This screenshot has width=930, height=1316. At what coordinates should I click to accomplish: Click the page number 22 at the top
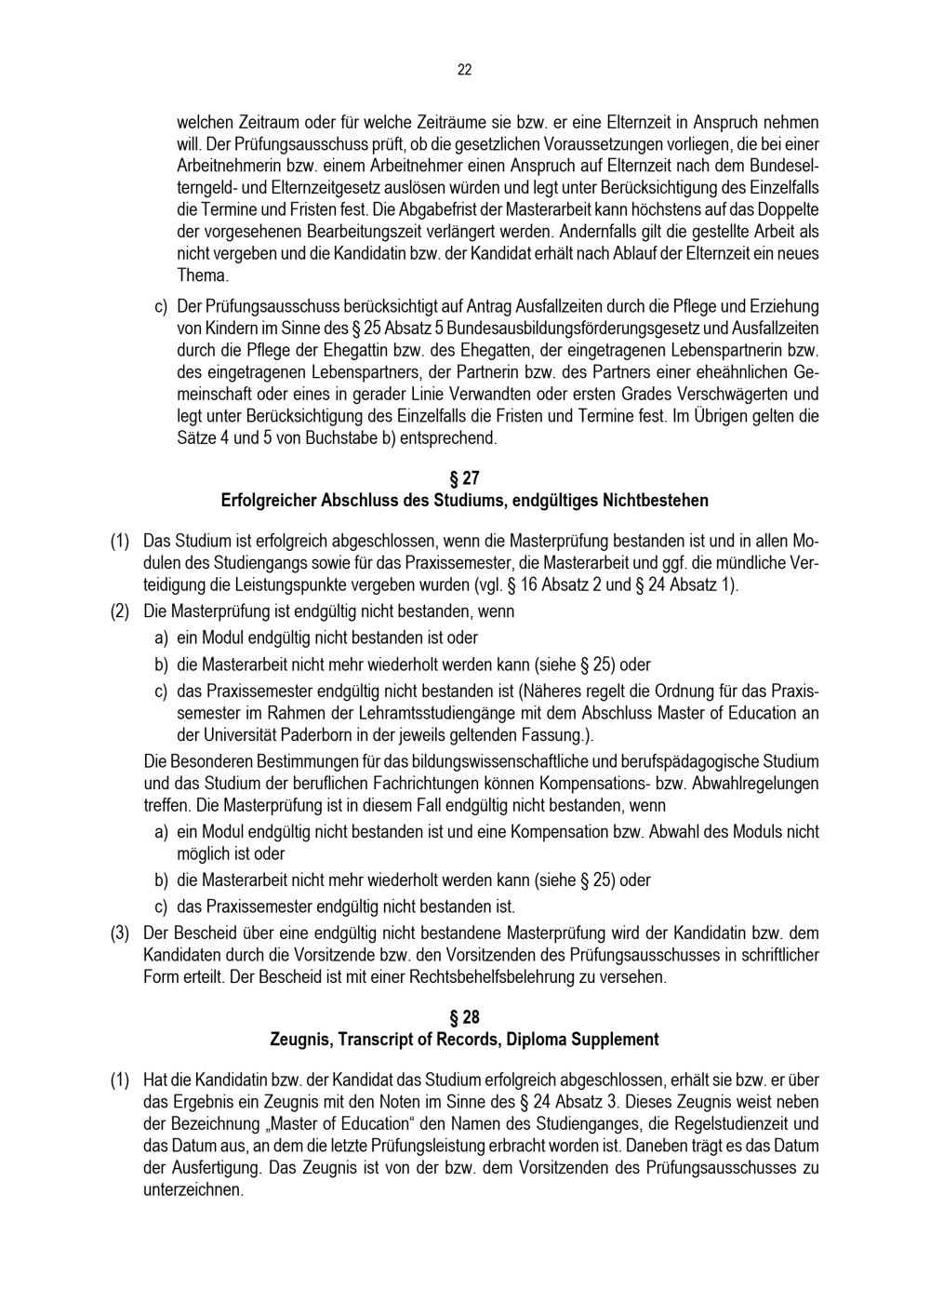pos(464,70)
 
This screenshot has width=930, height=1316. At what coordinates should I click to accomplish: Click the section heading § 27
pos(464,478)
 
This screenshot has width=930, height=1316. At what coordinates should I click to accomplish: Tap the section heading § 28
pos(464,1017)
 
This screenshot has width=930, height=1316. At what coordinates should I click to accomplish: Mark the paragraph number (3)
pos(120,933)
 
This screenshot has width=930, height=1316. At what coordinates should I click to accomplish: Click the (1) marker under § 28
pos(120,1081)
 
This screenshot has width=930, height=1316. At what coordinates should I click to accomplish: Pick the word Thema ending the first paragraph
pos(202,275)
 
